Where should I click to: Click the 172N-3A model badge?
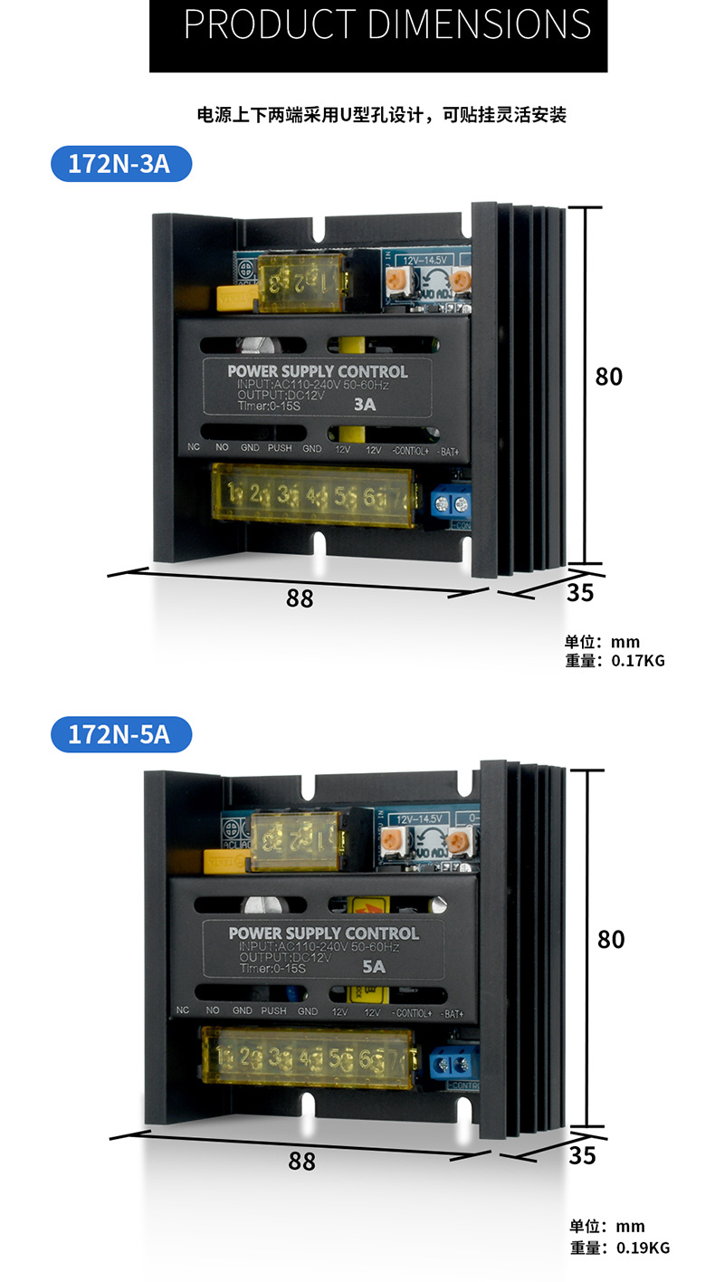[120, 164]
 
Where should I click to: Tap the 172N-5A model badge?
[120, 733]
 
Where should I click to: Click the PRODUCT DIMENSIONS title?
[378, 24]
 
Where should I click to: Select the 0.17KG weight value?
[638, 661]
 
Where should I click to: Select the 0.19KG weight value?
[643, 1249]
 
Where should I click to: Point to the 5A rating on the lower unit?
[373, 966]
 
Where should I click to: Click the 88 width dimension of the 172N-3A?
[300, 598]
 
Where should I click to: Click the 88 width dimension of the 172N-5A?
[301, 1162]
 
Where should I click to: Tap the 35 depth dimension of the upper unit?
[580, 592]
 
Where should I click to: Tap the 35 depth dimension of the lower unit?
[582, 1155]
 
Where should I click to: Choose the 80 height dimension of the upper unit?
[609, 377]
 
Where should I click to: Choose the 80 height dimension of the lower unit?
[611, 940]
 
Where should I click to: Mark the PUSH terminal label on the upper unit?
[280, 448]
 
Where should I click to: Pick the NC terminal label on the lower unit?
[183, 1010]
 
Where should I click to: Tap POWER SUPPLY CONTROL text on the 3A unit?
[317, 371]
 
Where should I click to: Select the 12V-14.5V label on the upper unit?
[423, 258]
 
